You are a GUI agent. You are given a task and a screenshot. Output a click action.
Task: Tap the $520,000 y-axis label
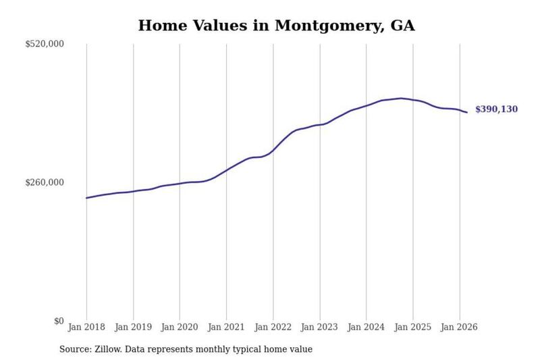[x=45, y=44]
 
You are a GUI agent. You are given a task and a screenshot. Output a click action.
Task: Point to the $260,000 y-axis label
[x=45, y=182]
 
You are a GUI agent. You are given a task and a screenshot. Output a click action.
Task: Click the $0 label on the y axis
[x=59, y=321]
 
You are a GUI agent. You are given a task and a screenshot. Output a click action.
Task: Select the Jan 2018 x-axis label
[x=86, y=327]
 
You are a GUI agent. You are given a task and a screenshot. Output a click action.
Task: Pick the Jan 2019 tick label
[x=133, y=327]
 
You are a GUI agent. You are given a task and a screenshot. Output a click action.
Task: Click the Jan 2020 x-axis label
[x=180, y=327]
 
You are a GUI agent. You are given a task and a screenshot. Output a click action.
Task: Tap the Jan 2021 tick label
[x=226, y=327]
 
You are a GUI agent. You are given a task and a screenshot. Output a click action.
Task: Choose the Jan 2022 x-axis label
[x=273, y=327]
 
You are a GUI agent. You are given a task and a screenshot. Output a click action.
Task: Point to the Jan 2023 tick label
[x=319, y=327]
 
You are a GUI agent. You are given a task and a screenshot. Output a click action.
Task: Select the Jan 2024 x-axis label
[x=366, y=327]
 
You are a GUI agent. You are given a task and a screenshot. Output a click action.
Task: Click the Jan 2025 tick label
[x=413, y=327]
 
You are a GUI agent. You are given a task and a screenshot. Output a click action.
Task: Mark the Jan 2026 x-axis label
[x=460, y=327]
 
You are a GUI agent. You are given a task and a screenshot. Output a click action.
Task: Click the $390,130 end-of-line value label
[x=496, y=109]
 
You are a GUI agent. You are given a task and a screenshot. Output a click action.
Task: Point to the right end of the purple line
[x=467, y=112]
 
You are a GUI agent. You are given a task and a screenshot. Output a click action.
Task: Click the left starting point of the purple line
[x=86, y=198]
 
